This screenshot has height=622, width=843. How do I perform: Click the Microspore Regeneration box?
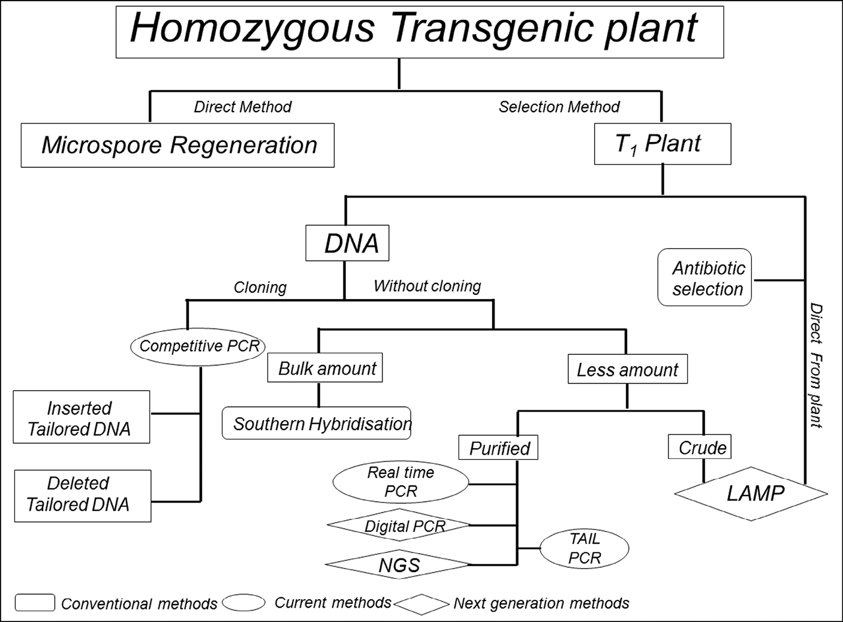click(x=177, y=145)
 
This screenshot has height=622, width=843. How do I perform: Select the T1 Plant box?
click(x=662, y=144)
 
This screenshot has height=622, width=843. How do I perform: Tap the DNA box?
click(x=347, y=243)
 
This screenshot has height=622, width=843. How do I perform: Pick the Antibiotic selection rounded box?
click(x=704, y=277)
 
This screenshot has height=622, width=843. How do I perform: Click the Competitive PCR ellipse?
click(x=198, y=346)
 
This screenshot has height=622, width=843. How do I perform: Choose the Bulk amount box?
click(x=325, y=368)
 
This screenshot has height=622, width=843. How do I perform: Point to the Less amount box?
click(x=627, y=370)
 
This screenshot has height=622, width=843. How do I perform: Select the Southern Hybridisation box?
click(x=317, y=424)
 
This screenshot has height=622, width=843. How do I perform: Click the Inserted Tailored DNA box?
click(x=82, y=417)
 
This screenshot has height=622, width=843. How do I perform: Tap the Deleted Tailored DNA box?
click(x=82, y=496)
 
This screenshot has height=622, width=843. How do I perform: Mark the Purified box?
click(x=498, y=448)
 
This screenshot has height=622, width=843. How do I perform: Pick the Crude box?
click(x=700, y=447)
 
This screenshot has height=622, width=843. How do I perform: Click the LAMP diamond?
click(x=751, y=493)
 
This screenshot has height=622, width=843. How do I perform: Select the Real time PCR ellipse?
click(x=401, y=482)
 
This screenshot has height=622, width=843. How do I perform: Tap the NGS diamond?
click(x=398, y=564)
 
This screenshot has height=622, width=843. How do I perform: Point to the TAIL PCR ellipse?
click(x=585, y=548)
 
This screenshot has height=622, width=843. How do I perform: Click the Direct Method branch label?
click(x=242, y=107)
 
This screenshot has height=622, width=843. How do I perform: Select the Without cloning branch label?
click(x=427, y=286)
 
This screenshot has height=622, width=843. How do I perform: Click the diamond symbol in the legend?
click(x=422, y=604)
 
